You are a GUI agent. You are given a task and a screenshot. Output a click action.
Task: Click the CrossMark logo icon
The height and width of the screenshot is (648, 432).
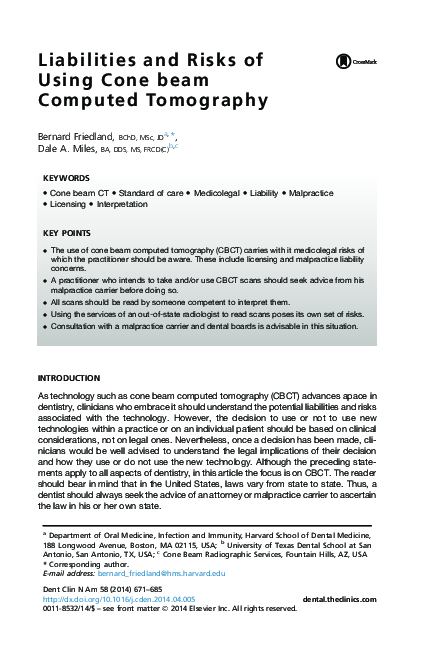point(358,62)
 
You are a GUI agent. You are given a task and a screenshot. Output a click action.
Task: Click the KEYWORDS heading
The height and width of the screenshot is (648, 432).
point(66,178)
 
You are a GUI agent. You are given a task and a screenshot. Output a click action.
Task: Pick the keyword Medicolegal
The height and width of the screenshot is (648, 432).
point(217,190)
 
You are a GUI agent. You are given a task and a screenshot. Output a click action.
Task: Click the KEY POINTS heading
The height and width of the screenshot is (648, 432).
point(68,233)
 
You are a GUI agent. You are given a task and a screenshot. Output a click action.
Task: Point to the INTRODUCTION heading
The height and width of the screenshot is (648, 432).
point(68,378)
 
